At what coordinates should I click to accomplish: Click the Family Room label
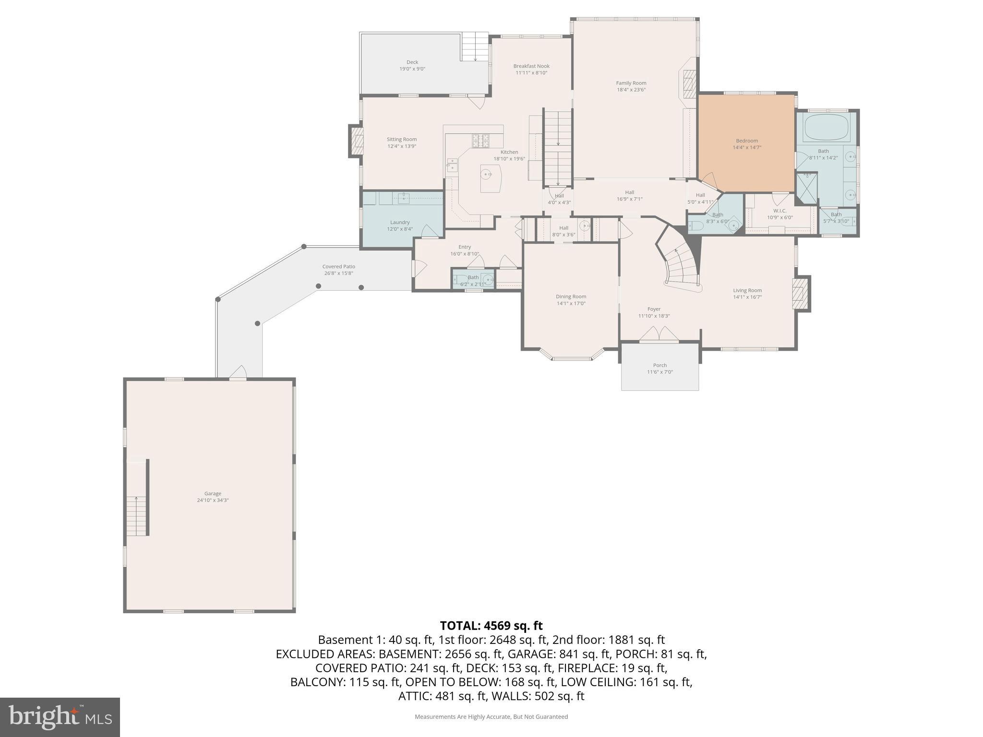click(x=631, y=83)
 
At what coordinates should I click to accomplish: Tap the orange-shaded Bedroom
click(x=746, y=144)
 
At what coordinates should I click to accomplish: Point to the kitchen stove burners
click(x=480, y=141)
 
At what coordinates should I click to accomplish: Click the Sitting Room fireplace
click(x=357, y=140)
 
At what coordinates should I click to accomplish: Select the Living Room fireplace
click(x=798, y=294)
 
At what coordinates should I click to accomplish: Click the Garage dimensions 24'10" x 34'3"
click(x=213, y=500)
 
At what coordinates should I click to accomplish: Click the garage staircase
click(x=136, y=516)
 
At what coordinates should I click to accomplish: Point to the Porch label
click(x=659, y=365)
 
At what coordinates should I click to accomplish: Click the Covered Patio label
click(x=338, y=267)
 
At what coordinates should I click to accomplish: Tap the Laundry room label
click(x=400, y=222)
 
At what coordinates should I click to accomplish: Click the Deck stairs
click(x=475, y=47)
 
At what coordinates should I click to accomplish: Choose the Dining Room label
click(x=571, y=297)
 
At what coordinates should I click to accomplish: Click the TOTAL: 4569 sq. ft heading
click(x=491, y=626)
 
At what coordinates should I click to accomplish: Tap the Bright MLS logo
click(x=60, y=717)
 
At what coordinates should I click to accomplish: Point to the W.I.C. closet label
click(x=779, y=211)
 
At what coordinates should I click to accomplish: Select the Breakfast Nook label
click(x=531, y=66)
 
